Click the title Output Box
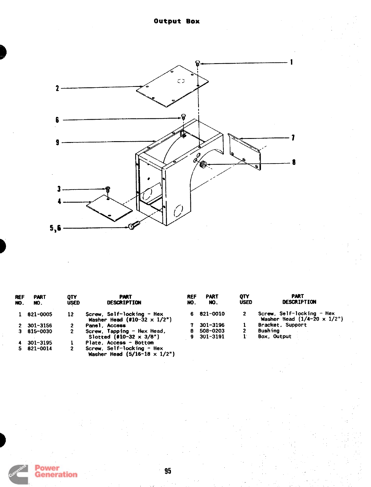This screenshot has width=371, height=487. [x=177, y=21]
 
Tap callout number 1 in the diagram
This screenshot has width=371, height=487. [x=291, y=62]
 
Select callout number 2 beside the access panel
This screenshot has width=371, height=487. [x=57, y=88]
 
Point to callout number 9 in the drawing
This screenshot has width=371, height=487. [x=57, y=142]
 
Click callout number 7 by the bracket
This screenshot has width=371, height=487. [x=293, y=138]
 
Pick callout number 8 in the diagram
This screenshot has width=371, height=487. [x=294, y=162]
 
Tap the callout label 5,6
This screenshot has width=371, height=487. [x=55, y=228]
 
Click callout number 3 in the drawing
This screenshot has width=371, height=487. [x=59, y=189]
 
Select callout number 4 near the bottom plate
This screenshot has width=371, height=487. [x=59, y=201]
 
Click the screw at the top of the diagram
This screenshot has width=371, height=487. [x=198, y=63]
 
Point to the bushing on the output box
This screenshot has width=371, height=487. [x=203, y=165]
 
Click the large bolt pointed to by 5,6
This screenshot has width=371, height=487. [x=134, y=225]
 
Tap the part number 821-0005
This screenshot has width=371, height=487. [x=40, y=314]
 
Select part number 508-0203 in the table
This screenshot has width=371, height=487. [x=212, y=331]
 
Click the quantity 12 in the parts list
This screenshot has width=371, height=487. [x=71, y=314]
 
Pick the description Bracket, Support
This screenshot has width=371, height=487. [x=282, y=325]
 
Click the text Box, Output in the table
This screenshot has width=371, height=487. [x=274, y=336]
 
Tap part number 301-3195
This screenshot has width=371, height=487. [x=40, y=343]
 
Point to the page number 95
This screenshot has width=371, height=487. [x=168, y=471]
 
